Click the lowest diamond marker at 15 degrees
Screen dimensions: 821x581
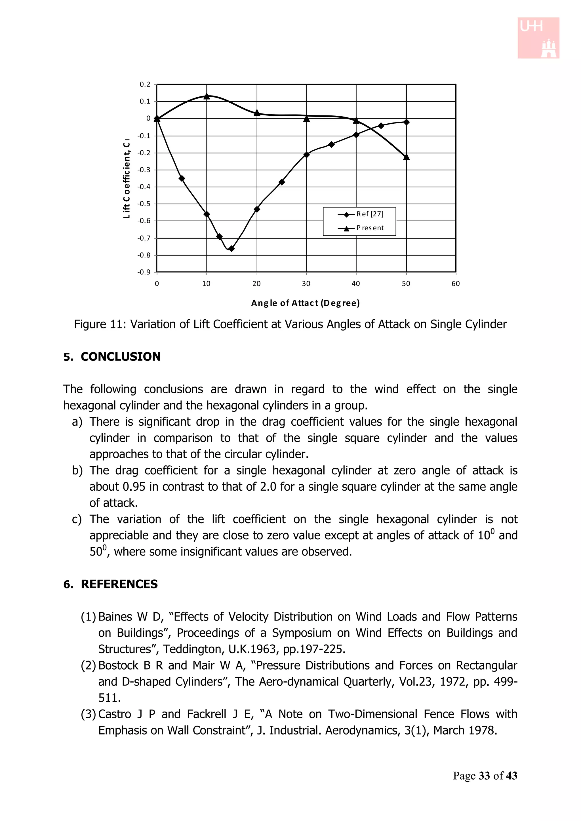pos(231,248)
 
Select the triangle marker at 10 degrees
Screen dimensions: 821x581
pos(207,96)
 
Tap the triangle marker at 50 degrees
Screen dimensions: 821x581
pos(406,157)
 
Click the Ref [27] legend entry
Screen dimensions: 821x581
pos(370,214)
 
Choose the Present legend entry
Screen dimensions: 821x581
pos(370,228)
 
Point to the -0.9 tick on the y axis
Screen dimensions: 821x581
pos(144,272)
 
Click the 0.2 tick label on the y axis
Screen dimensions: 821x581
pos(145,85)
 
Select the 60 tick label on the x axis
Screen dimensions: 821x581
pos(455,284)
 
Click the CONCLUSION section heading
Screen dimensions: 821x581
pos(121,356)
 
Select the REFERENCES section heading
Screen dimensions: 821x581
pos(119,584)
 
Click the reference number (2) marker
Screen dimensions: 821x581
pos(88,666)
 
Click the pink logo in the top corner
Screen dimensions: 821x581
pos(538,38)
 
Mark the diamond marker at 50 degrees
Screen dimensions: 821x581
pos(406,122)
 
